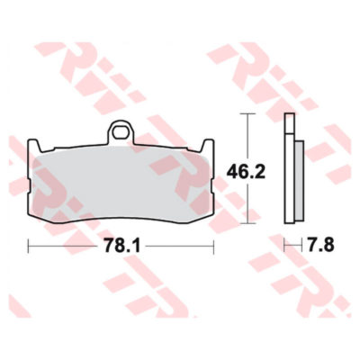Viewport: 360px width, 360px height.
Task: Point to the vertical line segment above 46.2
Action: click(x=247, y=135)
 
